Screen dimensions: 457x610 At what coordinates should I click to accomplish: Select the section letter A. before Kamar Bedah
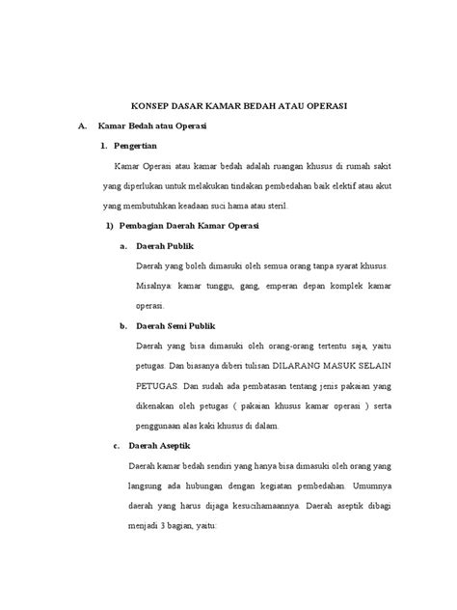tap(85, 126)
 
